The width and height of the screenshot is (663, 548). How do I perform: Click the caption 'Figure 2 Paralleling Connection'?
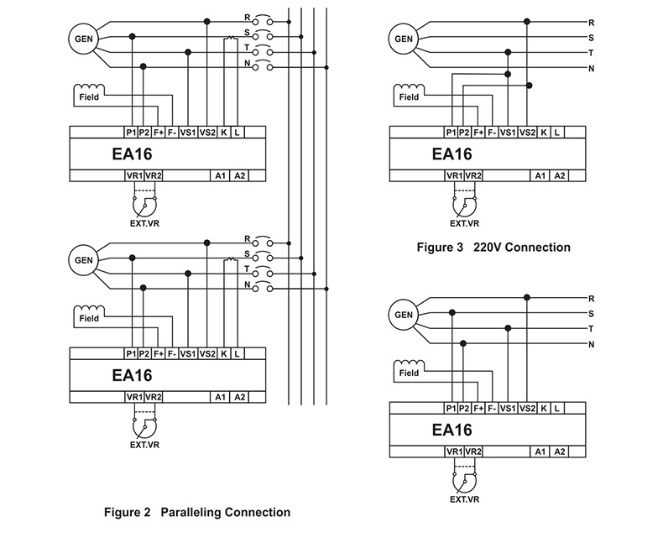pyautogui.click(x=196, y=512)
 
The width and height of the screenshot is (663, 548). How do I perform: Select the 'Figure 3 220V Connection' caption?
pyautogui.click(x=493, y=248)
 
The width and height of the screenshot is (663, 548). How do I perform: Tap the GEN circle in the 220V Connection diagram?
pyautogui.click(x=404, y=38)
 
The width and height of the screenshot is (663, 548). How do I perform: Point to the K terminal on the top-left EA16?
pyautogui.click(x=224, y=132)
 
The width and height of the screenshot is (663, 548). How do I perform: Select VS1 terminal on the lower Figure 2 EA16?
pyautogui.click(x=188, y=353)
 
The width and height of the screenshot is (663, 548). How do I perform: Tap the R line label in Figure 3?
pyautogui.click(x=592, y=22)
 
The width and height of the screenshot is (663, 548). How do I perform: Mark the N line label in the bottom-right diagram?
pyautogui.click(x=592, y=344)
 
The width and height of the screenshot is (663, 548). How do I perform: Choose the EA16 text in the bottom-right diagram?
pyautogui.click(x=452, y=430)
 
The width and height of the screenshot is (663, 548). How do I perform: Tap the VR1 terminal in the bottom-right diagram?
pyautogui.click(x=454, y=451)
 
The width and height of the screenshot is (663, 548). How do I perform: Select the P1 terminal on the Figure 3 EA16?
pyautogui.click(x=452, y=132)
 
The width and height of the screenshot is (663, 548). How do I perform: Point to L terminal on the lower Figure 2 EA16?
pyautogui.click(x=238, y=353)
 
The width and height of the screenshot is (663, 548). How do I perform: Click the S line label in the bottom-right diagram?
pyautogui.click(x=592, y=313)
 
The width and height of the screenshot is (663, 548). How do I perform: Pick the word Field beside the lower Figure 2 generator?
pyautogui.click(x=89, y=319)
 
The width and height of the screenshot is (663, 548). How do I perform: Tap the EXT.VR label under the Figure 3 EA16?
pyautogui.click(x=464, y=224)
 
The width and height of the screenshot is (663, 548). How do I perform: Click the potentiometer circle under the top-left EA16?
pyautogui.click(x=144, y=205)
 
